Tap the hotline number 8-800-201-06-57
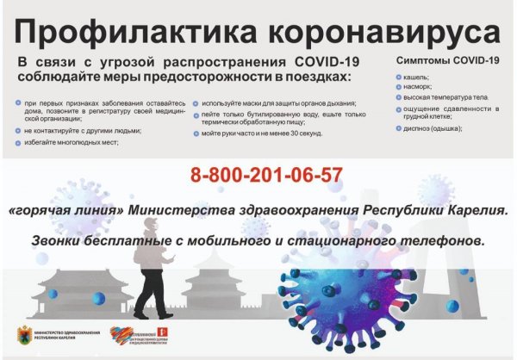coord(266,176)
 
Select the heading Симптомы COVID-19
coord(447,61)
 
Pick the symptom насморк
coord(420,89)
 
